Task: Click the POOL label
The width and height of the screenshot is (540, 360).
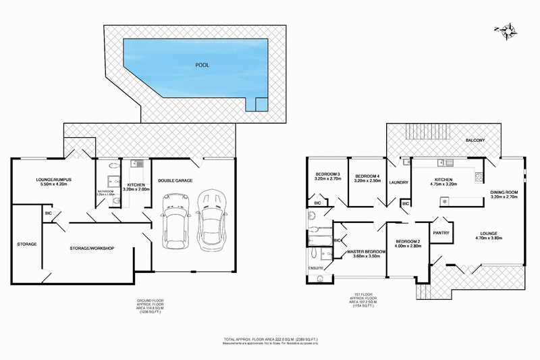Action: click(202, 66)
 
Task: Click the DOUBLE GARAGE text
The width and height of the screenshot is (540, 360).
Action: click(177, 180)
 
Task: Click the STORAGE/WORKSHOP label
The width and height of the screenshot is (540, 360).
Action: click(92, 249)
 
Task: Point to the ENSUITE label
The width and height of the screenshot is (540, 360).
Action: click(316, 268)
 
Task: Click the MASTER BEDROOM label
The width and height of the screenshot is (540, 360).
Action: click(366, 252)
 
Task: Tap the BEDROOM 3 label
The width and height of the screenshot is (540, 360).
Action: click(327, 176)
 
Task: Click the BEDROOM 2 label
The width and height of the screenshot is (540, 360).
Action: click(408, 241)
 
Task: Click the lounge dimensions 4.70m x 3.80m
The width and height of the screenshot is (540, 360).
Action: click(490, 238)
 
